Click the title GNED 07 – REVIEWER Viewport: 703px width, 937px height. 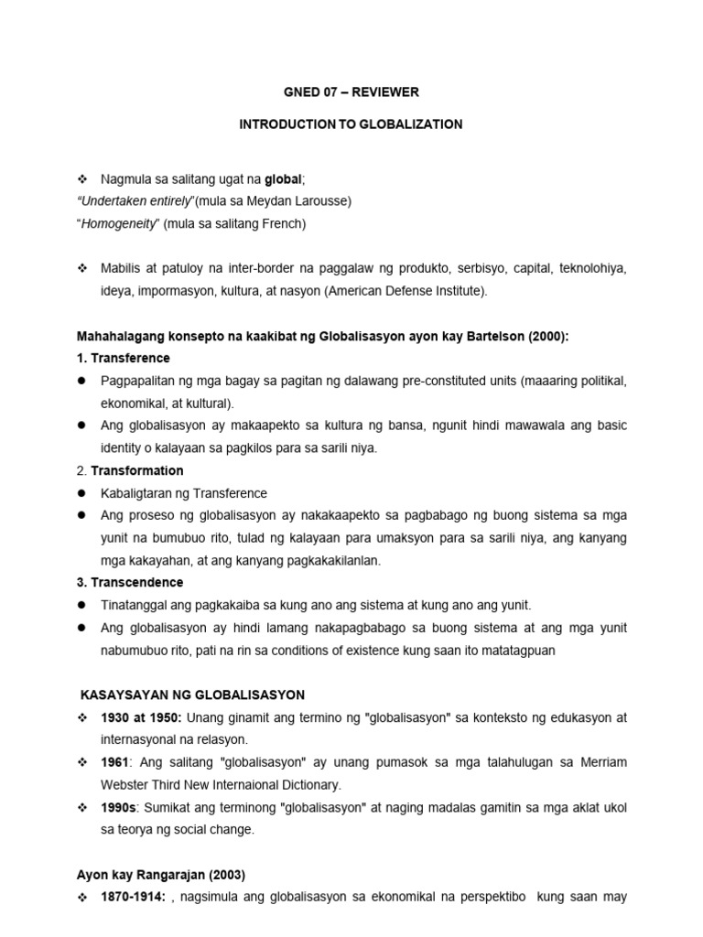coord(351,92)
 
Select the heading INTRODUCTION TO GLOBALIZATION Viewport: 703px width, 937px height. coord(351,124)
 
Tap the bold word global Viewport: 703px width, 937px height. coord(283,178)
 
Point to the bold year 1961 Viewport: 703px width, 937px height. coord(116,761)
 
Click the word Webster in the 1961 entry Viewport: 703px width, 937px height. coord(127,783)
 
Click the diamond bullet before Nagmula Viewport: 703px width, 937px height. coord(81,178)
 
